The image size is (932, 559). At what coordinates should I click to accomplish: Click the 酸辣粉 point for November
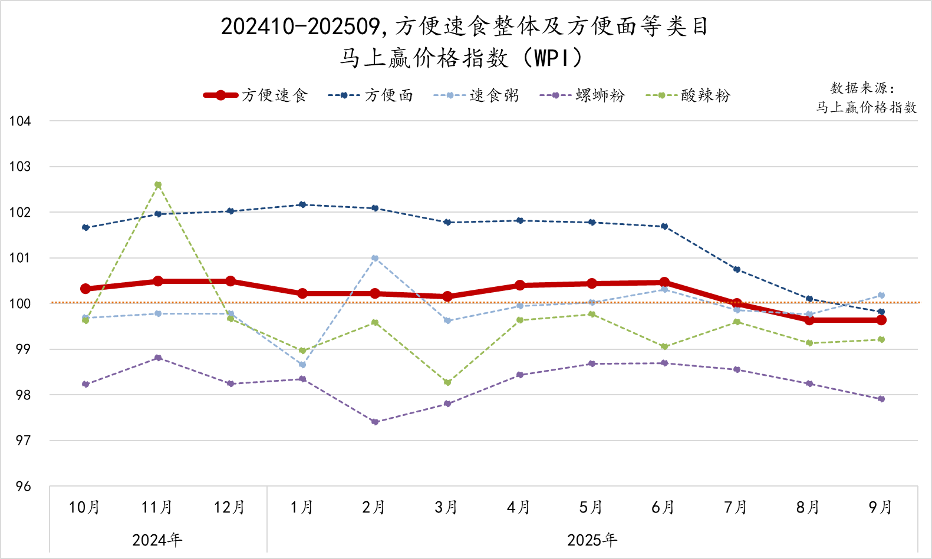tap(158, 185)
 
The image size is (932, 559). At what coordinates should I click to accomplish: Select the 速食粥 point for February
tap(375, 258)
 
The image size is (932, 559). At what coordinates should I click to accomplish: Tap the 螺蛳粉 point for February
tap(375, 422)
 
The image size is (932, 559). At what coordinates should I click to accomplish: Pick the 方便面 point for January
tap(302, 204)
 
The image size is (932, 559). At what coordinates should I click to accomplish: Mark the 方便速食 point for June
tap(664, 283)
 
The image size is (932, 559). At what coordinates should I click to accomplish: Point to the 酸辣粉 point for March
tap(447, 382)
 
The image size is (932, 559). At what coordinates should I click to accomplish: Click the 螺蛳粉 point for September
tap(881, 399)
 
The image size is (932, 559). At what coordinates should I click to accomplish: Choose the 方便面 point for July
tap(737, 269)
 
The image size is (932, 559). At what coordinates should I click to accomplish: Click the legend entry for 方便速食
tap(256, 95)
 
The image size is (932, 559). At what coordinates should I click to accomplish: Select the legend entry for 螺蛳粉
tap(582, 95)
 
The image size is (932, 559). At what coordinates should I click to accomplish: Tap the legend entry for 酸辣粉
tap(688, 95)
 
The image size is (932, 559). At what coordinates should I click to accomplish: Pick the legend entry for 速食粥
tap(476, 95)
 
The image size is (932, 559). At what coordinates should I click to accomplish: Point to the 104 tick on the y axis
tap(20, 121)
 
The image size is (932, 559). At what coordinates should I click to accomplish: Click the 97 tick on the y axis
tap(22, 441)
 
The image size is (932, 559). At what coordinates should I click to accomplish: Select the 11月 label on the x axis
tap(157, 507)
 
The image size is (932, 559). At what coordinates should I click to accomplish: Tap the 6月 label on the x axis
tap(663, 507)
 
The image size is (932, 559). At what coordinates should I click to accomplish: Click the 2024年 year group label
tap(157, 540)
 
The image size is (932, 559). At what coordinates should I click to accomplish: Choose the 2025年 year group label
tap(592, 540)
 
